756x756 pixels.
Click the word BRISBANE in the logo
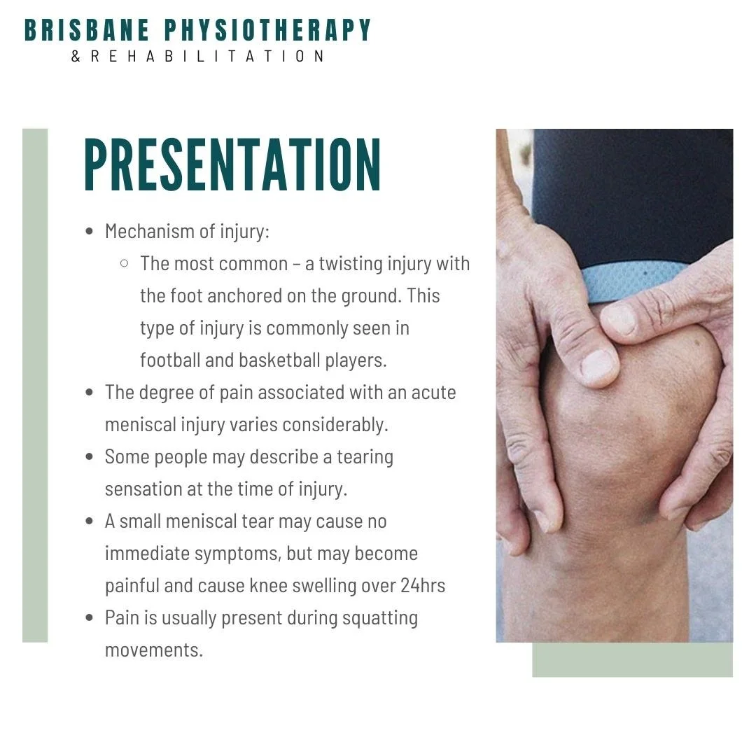tap(87, 31)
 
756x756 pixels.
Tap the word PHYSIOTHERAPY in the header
tap(267, 31)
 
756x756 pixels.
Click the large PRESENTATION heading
tap(232, 165)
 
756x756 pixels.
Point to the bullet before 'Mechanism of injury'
tap(89, 232)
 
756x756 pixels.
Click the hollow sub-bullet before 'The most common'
tap(125, 264)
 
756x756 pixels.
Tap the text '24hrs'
tap(423, 585)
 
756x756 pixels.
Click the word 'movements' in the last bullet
tap(152, 650)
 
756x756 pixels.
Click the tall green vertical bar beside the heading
tap(35, 385)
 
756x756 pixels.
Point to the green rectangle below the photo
tap(632, 660)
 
